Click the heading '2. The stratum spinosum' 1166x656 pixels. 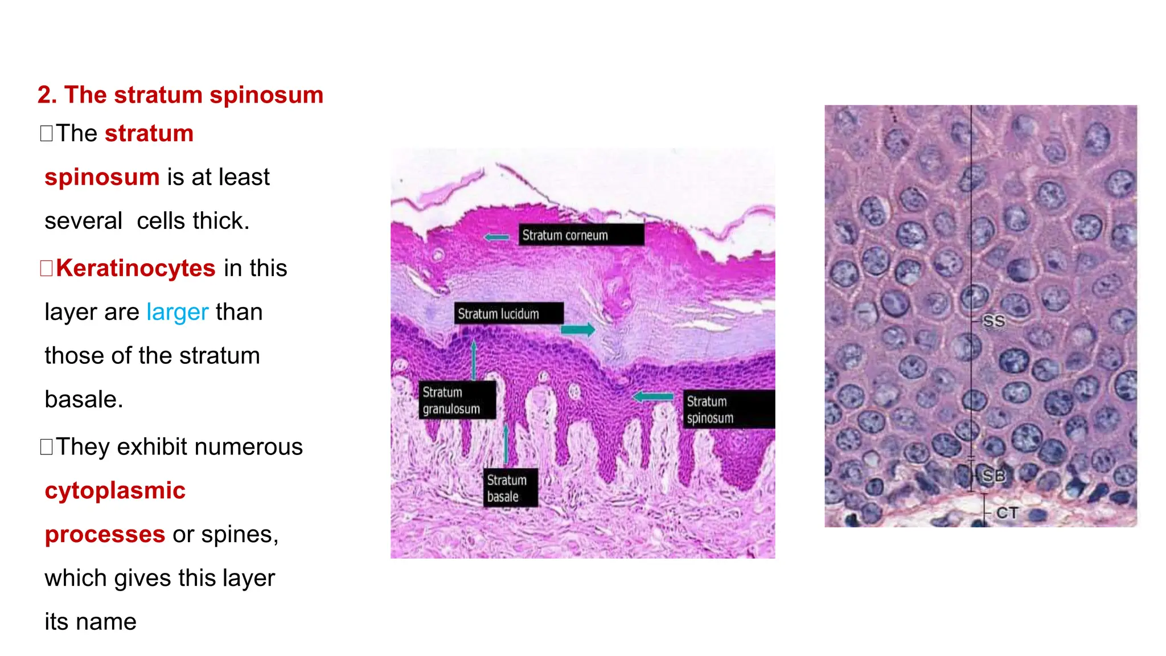(x=180, y=95)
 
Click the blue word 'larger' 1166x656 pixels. (x=178, y=312)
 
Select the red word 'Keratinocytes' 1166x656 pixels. (x=136, y=268)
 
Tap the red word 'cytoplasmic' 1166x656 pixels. (x=115, y=491)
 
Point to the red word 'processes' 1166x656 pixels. (x=105, y=535)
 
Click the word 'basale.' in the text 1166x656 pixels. (x=84, y=400)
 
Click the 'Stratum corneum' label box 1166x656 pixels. (x=581, y=235)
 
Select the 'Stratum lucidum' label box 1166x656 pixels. (x=508, y=314)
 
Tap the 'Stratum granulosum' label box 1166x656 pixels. (x=457, y=400)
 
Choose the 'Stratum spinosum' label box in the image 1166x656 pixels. (x=729, y=409)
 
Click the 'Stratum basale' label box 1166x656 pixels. (x=510, y=488)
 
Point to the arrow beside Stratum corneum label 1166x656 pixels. (x=496, y=237)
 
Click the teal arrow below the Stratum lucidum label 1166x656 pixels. (x=577, y=329)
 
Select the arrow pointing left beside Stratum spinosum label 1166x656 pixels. (x=653, y=396)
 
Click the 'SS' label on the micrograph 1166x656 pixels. (x=993, y=321)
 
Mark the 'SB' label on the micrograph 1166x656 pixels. (x=994, y=475)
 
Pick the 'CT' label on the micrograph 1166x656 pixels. (x=1007, y=513)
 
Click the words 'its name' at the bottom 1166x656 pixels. (x=91, y=622)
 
